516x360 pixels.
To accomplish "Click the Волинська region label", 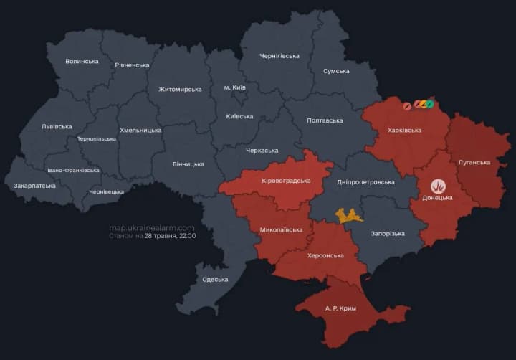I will click(x=82, y=62).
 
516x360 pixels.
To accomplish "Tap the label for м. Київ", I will click(x=234, y=87).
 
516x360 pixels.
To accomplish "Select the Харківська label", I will click(x=404, y=131).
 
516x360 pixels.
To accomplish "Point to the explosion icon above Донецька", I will click(x=437, y=186).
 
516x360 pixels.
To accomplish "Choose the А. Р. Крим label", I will click(x=340, y=308).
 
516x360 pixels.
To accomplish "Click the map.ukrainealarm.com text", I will click(x=151, y=227).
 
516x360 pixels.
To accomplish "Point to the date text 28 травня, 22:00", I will click(x=170, y=235).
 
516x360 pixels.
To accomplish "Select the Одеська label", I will click(x=215, y=280).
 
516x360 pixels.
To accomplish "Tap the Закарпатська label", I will click(x=34, y=186).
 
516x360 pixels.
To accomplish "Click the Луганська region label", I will click(x=474, y=162).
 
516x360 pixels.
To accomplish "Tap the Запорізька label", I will click(x=388, y=234).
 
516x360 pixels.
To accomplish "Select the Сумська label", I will click(x=336, y=71).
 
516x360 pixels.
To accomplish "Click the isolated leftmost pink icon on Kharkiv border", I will click(x=406, y=106).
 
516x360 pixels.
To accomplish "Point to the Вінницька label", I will click(x=188, y=164).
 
